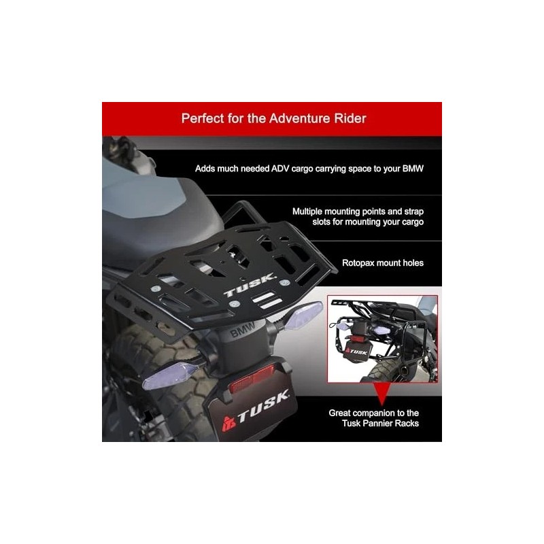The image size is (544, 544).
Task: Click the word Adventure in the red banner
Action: click(298, 118)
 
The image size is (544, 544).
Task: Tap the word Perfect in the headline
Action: click(201, 118)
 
